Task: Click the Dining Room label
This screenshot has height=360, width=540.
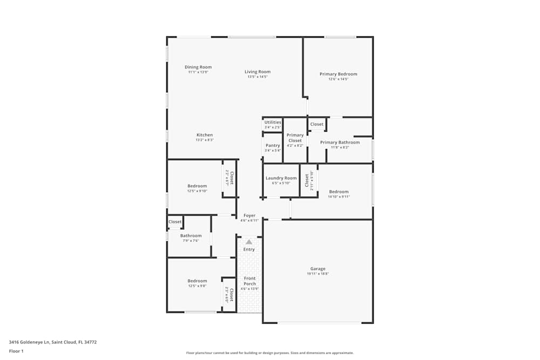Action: (198, 67)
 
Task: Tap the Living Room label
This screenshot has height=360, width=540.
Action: (258, 72)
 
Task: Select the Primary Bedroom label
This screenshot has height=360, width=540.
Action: (338, 74)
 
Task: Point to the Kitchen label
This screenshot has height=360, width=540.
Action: (205, 135)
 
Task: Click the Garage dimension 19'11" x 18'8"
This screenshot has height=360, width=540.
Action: (318, 274)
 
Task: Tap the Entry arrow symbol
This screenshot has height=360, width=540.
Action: (249, 242)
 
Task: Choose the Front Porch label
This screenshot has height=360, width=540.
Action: (249, 281)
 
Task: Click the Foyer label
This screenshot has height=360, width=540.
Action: (249, 215)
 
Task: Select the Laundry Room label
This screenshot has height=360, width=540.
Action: (281, 178)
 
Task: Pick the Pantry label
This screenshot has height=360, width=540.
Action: (273, 145)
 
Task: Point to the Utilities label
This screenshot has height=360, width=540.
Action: (273, 123)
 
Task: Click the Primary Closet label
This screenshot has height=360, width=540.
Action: (295, 138)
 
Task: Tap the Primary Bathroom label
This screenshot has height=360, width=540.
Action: (340, 142)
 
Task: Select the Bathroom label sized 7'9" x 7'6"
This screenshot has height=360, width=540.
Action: (191, 236)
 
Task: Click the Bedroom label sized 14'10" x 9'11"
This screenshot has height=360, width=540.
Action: (339, 192)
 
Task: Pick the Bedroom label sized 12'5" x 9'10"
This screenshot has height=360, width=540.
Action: (197, 186)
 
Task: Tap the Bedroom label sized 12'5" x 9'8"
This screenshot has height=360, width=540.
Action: (197, 281)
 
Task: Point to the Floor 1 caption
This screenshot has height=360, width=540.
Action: (16, 351)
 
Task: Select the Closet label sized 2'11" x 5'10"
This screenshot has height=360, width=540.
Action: (306, 179)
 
